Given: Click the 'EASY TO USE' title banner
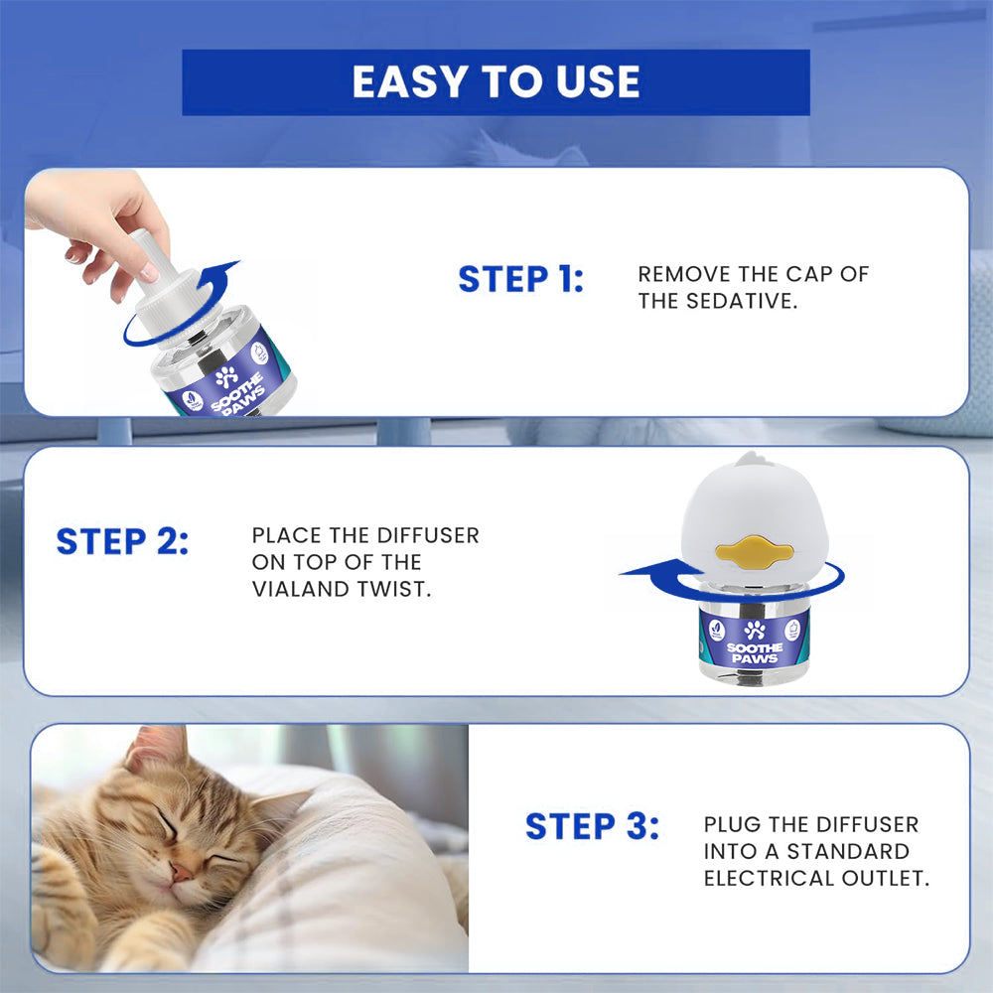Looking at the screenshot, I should point(496,82).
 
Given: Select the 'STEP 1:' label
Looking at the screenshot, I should point(520,280).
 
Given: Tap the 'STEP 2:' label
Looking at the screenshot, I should point(122,542).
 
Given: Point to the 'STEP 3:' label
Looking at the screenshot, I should point(592,826).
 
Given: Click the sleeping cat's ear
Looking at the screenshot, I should point(157,747).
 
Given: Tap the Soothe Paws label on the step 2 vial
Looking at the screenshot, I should point(755,641).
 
